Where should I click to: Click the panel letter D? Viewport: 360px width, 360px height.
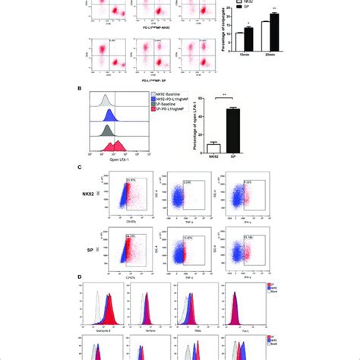click(92, 281)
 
